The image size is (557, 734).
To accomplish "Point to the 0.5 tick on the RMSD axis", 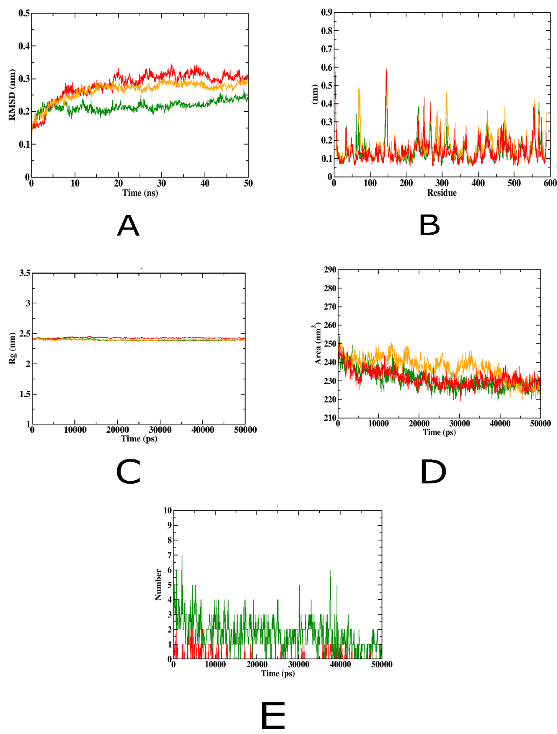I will pos(24,13).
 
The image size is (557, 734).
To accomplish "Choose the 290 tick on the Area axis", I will pos(330,269).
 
